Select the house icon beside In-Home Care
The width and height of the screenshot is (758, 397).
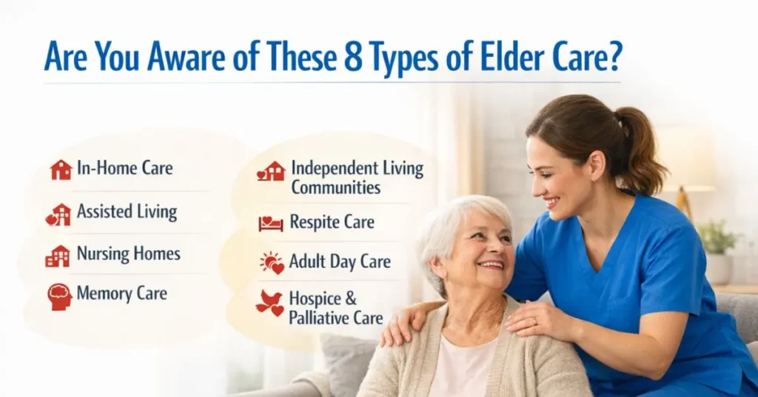click(61, 170)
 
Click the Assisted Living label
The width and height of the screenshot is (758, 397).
click(127, 213)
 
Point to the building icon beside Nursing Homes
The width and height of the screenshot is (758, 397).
click(58, 256)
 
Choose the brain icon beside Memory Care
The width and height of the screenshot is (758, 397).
click(60, 296)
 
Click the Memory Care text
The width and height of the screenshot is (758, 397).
click(121, 293)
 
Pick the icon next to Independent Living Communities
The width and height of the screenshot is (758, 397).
click(271, 172)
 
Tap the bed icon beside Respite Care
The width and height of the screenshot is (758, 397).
click(270, 223)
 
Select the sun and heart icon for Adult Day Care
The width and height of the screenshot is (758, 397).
click(272, 262)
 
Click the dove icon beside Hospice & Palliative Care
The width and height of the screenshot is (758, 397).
click(269, 303)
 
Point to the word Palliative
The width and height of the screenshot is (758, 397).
click(325, 318)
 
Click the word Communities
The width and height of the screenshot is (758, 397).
click(335, 187)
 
